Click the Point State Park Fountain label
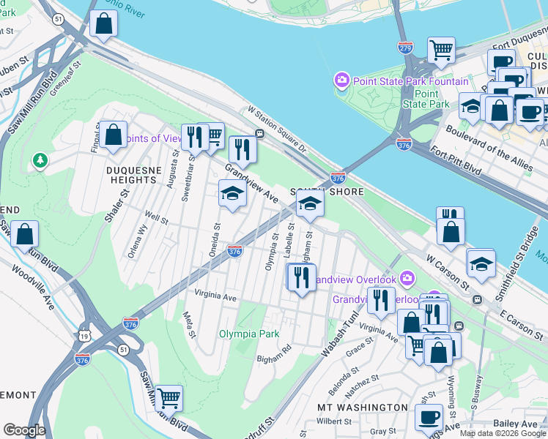pyautogui.click(x=410, y=80)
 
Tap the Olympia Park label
pyautogui.click(x=249, y=334)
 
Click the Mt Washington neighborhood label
pyautogui.click(x=362, y=407)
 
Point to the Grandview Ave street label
pyautogui.click(x=251, y=184)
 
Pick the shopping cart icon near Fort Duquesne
pyautogui.click(x=441, y=49)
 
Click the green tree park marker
pyautogui.click(x=40, y=160)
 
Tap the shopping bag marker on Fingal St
pyautogui.click(x=113, y=135)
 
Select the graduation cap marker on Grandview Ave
pyautogui.click(x=232, y=195)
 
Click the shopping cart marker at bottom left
pyautogui.click(x=169, y=398)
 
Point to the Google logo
pyautogui.click(x=24, y=430)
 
